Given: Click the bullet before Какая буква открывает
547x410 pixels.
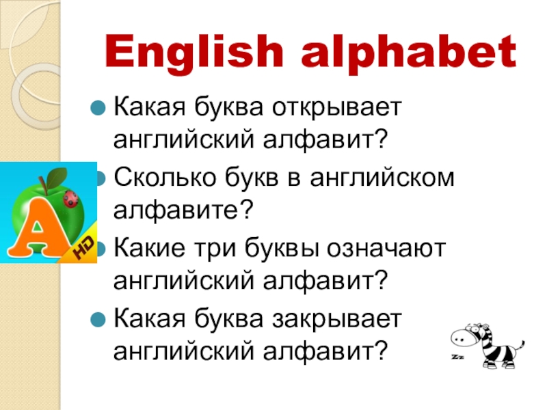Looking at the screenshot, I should pos(99,107).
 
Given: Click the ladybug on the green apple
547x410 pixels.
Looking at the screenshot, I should pos(70,198).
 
